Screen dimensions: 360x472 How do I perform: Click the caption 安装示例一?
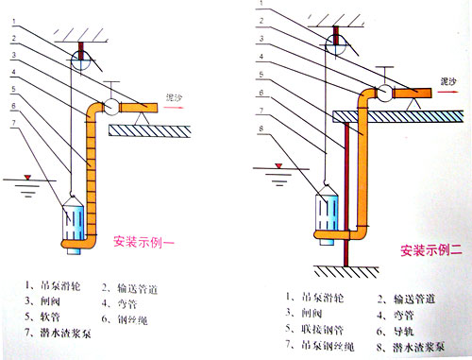(143, 239)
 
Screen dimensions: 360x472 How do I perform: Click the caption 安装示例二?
(430, 251)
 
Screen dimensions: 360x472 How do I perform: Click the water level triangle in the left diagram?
(28, 178)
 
